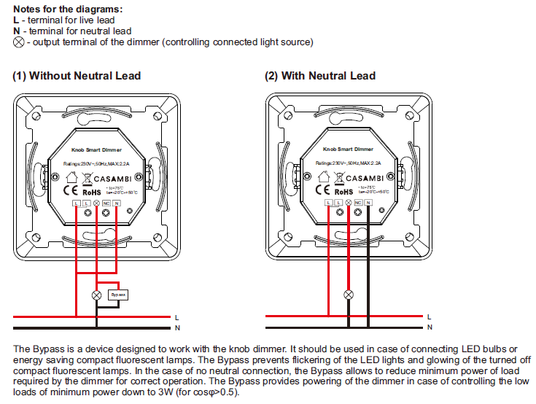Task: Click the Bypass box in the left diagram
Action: pos(117,295)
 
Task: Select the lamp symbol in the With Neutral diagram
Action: pos(349,295)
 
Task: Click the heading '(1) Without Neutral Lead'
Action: pos(77,76)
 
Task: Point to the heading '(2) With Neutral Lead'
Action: pos(319,76)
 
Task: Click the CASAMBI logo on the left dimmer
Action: pos(103,177)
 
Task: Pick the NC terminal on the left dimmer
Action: pos(106,201)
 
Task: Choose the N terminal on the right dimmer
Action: pos(368,201)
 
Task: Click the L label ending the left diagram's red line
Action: pos(177,317)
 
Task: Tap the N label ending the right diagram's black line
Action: pos(430,329)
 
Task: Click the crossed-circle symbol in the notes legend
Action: pos(18,42)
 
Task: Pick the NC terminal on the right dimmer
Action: pos(358,201)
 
